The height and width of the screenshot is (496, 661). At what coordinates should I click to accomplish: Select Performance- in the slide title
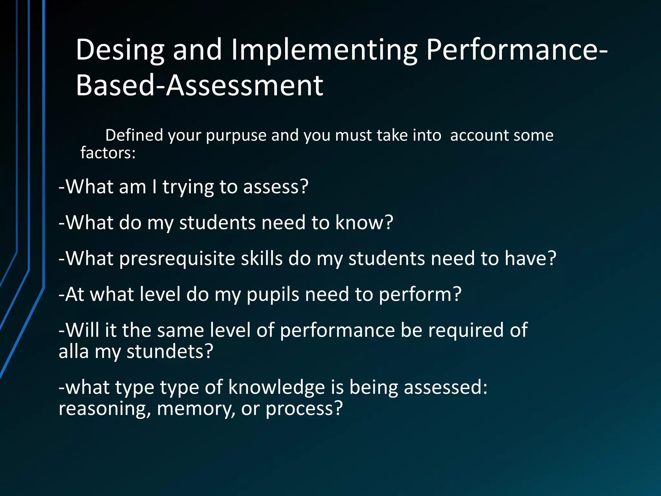pos(517,50)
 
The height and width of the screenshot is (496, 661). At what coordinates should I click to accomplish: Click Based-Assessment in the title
pos(199,86)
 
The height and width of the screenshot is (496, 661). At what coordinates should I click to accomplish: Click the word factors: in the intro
pos(108,153)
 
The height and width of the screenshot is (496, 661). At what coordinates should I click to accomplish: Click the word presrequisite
pos(177,259)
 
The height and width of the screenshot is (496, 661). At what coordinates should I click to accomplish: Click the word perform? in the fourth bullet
pos(420,295)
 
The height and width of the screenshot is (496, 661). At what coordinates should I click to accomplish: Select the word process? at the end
pos(304,409)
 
